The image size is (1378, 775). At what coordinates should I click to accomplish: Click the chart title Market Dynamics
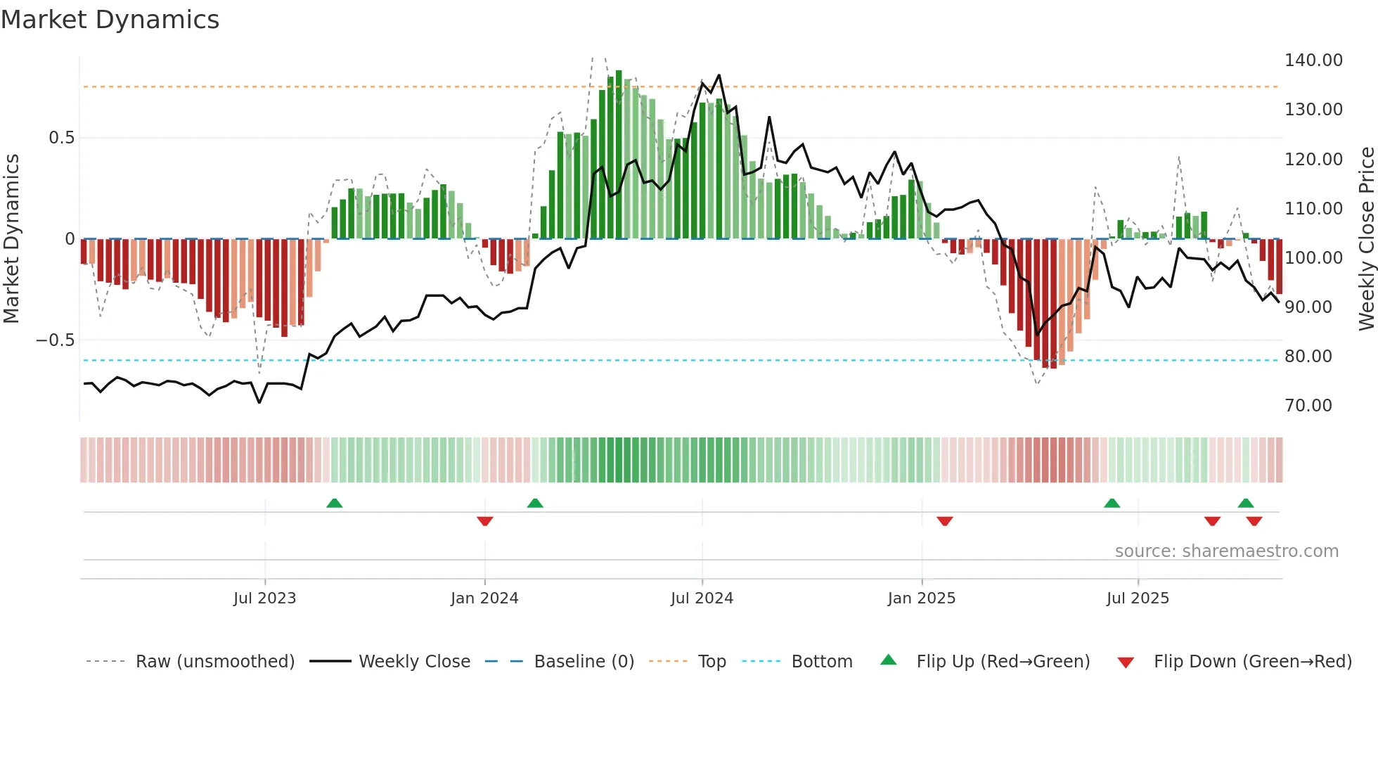pyautogui.click(x=110, y=20)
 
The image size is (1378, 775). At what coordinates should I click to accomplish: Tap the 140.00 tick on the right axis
pyautogui.click(x=1313, y=60)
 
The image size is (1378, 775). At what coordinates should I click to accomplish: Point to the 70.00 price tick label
pyautogui.click(x=1308, y=406)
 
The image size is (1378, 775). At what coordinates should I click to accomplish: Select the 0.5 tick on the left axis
pyautogui.click(x=61, y=138)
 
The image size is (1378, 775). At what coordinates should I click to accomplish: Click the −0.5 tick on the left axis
pyautogui.click(x=55, y=340)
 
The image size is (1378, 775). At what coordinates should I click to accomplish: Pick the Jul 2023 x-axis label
pyautogui.click(x=264, y=598)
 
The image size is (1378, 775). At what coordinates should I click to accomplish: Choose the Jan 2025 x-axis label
pyautogui.click(x=921, y=598)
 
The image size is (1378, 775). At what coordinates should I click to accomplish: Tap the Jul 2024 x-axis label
pyautogui.click(x=702, y=598)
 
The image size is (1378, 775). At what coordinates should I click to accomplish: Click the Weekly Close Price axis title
pyautogui.click(x=1366, y=238)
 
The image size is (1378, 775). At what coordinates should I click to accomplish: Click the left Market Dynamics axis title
pyautogui.click(x=11, y=238)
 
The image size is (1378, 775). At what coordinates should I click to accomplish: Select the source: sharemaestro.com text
pyautogui.click(x=1226, y=551)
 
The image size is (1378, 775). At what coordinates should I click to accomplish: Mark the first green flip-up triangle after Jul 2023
pyautogui.click(x=335, y=504)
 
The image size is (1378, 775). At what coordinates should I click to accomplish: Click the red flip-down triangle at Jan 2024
pyautogui.click(x=484, y=520)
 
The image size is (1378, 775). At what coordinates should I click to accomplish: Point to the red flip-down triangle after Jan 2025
pyautogui.click(x=944, y=520)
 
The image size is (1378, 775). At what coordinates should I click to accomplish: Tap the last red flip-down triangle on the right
pyautogui.click(x=1254, y=520)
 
